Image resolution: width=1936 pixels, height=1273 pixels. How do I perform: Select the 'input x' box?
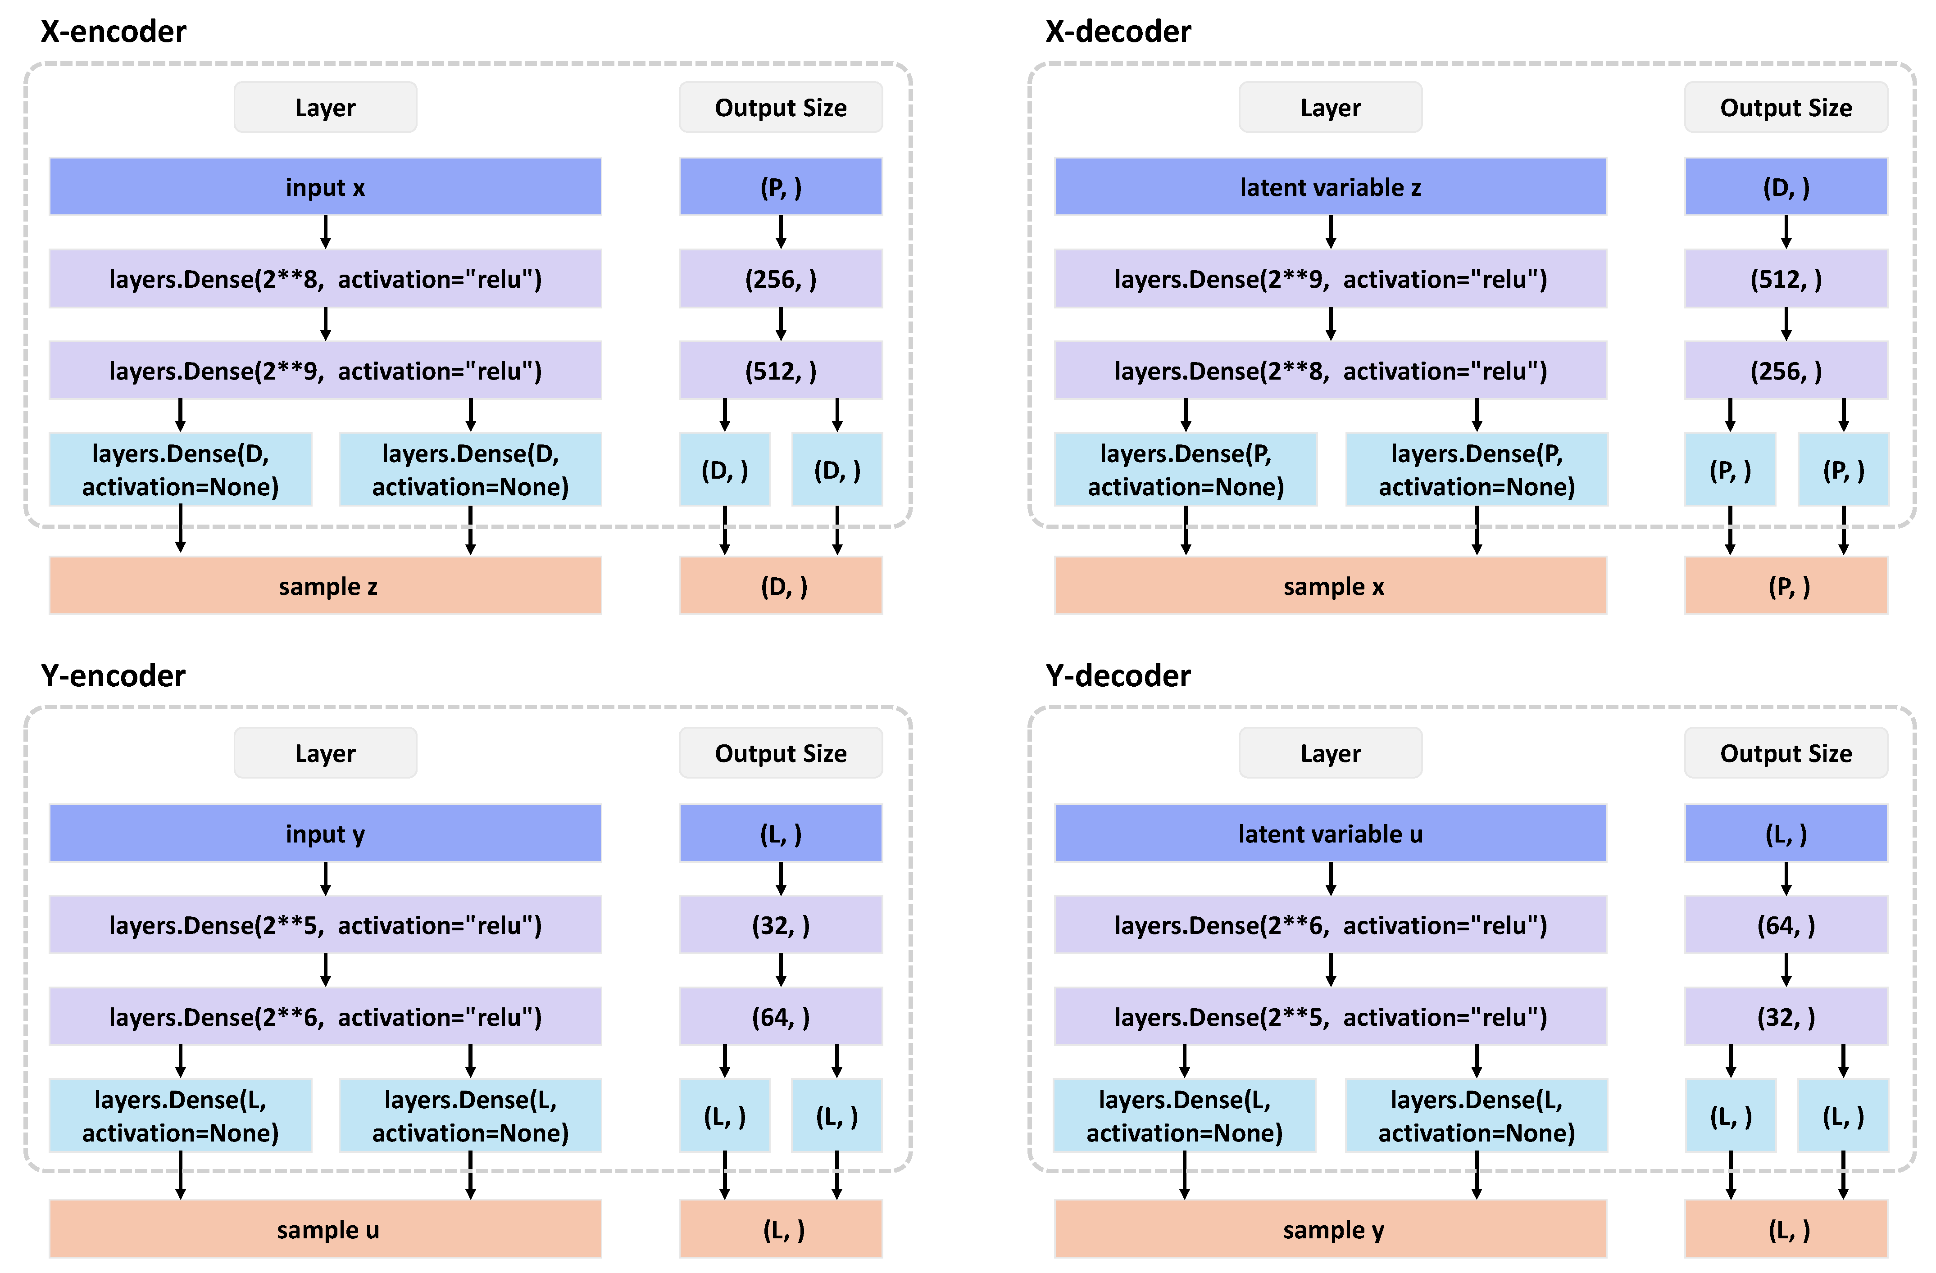[x=325, y=187]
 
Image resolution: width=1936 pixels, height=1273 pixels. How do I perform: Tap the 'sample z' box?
[x=325, y=586]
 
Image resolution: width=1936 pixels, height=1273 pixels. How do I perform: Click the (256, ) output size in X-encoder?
[x=781, y=279]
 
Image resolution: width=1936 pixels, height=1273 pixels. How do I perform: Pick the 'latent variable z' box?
[x=1331, y=187]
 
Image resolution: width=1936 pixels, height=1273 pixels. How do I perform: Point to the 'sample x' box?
[x=1331, y=586]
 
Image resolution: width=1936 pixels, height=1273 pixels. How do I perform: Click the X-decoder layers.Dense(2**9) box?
[x=1331, y=279]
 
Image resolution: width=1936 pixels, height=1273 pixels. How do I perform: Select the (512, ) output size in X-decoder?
[x=1786, y=279]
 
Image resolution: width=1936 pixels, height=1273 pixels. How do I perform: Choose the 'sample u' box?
[x=325, y=1229]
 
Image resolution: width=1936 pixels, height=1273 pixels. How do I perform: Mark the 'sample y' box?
[x=1331, y=1229]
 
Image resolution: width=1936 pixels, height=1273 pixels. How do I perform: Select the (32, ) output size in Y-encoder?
[x=781, y=925]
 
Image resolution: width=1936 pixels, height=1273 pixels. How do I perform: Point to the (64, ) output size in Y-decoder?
[x=1786, y=925]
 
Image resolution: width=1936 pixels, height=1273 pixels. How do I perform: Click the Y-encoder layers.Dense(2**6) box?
[x=325, y=1017]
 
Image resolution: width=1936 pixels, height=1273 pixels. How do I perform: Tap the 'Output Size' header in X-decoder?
[x=1786, y=107]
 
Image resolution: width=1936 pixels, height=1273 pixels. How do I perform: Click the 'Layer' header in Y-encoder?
[x=325, y=753]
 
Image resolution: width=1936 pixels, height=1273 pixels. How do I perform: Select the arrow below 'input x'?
[x=325, y=232]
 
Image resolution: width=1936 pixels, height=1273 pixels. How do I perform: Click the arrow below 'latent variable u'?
[x=1331, y=879]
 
